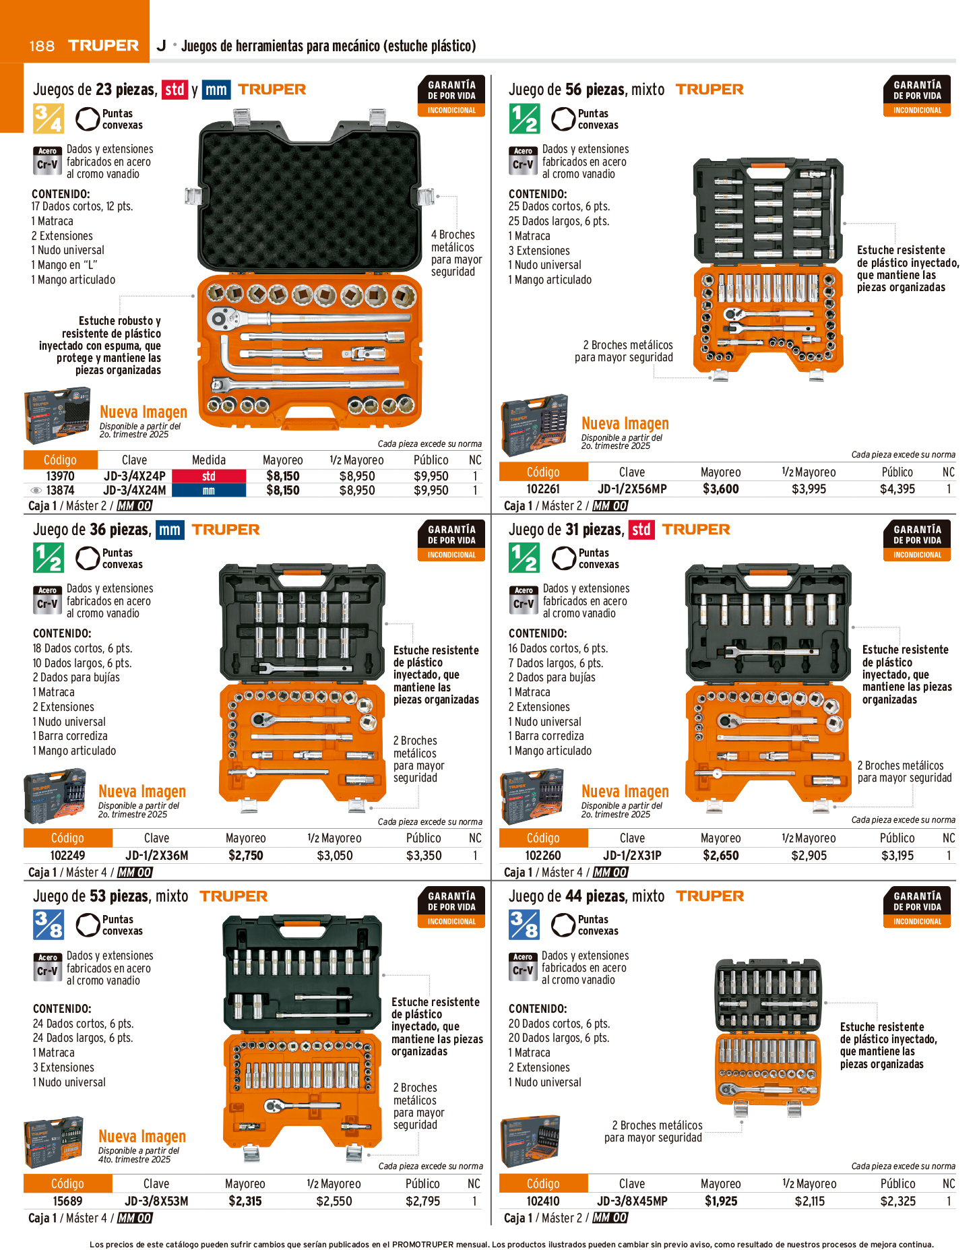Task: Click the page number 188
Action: click(42, 46)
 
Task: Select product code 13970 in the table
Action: click(60, 476)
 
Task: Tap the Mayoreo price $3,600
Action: click(720, 489)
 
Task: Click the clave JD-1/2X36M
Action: click(156, 856)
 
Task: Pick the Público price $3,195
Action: click(897, 856)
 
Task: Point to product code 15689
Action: click(67, 1201)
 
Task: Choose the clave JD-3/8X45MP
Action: click(632, 1201)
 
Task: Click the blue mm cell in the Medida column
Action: click(209, 491)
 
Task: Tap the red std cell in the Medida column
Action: click(209, 476)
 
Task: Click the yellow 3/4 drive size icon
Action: click(48, 119)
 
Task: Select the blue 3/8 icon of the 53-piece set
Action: click(49, 925)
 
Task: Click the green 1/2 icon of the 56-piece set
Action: click(524, 119)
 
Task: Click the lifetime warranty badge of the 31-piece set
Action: click(917, 540)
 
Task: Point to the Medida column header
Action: click(209, 460)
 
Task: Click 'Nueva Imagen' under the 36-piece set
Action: click(142, 791)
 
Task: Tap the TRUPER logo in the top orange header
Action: click(103, 46)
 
